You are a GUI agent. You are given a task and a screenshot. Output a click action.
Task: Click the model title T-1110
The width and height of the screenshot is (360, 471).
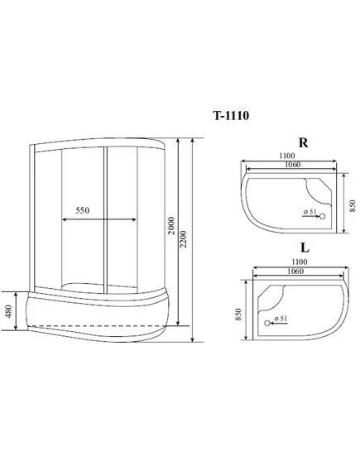coord(231,115)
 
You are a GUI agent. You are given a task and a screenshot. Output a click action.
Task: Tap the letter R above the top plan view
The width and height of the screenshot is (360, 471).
coord(303,142)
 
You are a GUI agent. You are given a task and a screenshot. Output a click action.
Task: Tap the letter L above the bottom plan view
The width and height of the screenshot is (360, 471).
coord(305,248)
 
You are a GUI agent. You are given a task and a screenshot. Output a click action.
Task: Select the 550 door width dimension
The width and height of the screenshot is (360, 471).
coord(82,210)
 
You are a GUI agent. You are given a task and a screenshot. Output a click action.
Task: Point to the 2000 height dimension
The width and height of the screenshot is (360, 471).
coord(170,226)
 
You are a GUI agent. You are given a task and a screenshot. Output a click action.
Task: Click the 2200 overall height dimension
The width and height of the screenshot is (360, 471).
coord(184,239)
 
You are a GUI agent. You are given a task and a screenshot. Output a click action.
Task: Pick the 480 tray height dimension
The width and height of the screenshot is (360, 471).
coord(8,311)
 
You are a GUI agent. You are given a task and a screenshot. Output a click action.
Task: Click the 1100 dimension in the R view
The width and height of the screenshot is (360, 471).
coord(287,156)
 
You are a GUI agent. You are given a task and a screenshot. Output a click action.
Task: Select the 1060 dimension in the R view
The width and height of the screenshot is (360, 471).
coord(292,164)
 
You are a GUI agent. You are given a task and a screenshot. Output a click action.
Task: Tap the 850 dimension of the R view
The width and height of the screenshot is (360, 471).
coord(353,206)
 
